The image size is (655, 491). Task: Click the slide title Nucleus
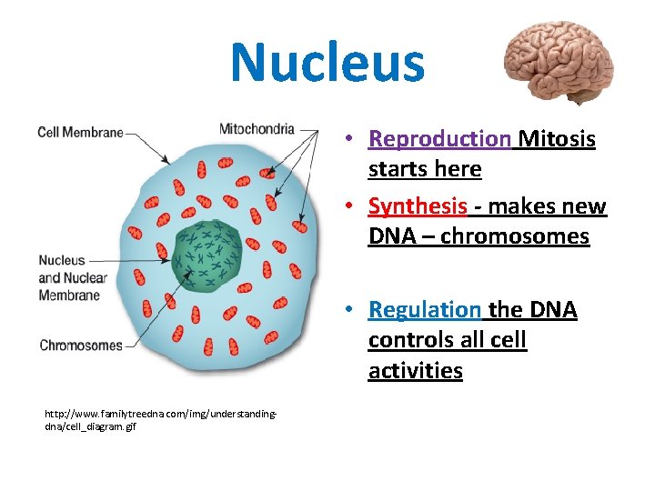tap(327, 62)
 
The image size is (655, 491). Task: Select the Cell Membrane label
tap(80, 133)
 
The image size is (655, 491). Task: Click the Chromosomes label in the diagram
tap(80, 345)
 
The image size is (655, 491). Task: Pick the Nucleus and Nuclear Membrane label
tap(73, 277)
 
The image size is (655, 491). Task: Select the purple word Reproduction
tap(439, 139)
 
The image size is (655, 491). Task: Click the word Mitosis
tap(557, 139)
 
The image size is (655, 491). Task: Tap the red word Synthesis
tap(418, 206)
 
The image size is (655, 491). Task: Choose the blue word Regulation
tap(424, 310)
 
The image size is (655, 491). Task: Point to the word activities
tap(415, 371)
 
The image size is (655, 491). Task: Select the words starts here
tap(425, 169)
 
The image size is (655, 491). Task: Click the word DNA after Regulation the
tap(551, 310)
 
